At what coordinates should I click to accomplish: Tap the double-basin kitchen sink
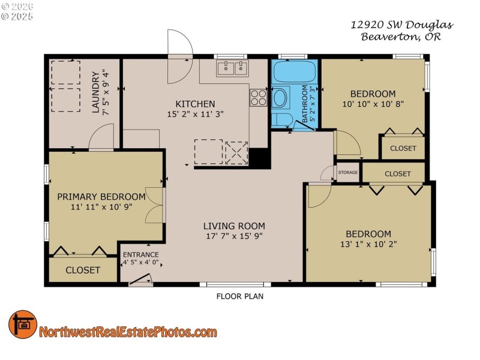click(232, 68)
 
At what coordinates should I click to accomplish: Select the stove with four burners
click(259, 97)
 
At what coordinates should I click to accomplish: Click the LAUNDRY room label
click(95, 92)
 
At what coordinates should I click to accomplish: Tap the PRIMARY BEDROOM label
click(101, 196)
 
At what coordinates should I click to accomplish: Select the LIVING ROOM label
click(233, 226)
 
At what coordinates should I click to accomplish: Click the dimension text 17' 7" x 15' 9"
click(233, 236)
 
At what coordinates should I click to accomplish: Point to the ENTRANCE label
click(140, 254)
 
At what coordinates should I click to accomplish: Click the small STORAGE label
click(347, 173)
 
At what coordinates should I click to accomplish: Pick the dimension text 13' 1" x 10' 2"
click(368, 244)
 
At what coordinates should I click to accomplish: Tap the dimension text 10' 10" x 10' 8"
click(373, 103)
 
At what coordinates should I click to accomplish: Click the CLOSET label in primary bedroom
click(83, 270)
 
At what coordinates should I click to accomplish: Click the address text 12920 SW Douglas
click(401, 25)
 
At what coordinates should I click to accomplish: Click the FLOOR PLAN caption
click(239, 296)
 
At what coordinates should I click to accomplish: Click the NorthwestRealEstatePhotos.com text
click(128, 332)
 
